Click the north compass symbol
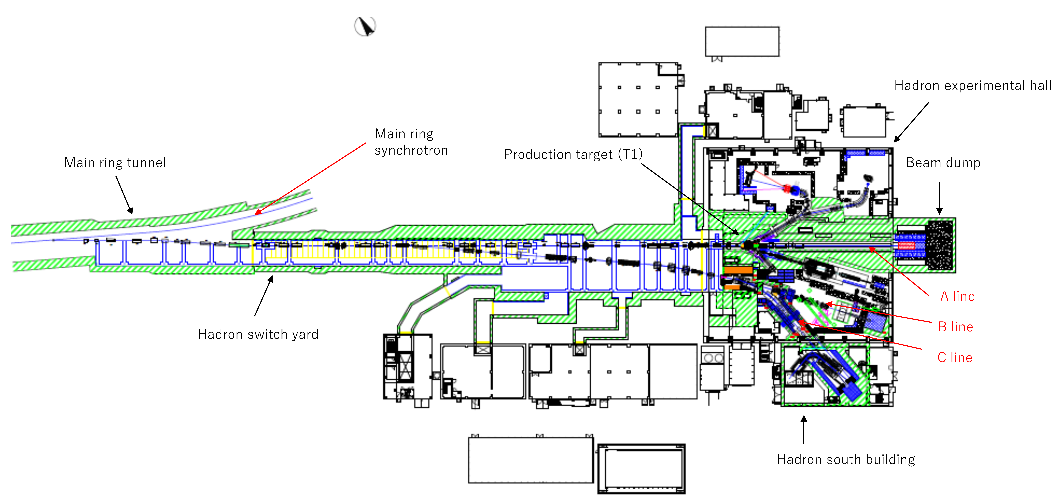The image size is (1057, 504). [365, 26]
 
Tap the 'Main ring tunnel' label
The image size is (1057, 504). [115, 163]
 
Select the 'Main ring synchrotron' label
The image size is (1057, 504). [411, 142]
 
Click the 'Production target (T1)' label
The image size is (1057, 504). [573, 155]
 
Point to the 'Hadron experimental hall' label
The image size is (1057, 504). [972, 86]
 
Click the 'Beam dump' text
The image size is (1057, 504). [943, 163]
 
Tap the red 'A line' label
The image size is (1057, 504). [957, 296]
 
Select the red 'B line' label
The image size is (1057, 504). [956, 327]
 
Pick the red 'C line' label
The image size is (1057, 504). [955, 358]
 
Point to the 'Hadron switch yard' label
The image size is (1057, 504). [258, 334]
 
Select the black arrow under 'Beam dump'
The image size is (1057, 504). [939, 198]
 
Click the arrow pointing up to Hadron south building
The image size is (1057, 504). [804, 429]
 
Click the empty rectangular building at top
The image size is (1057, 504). [742, 41]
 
